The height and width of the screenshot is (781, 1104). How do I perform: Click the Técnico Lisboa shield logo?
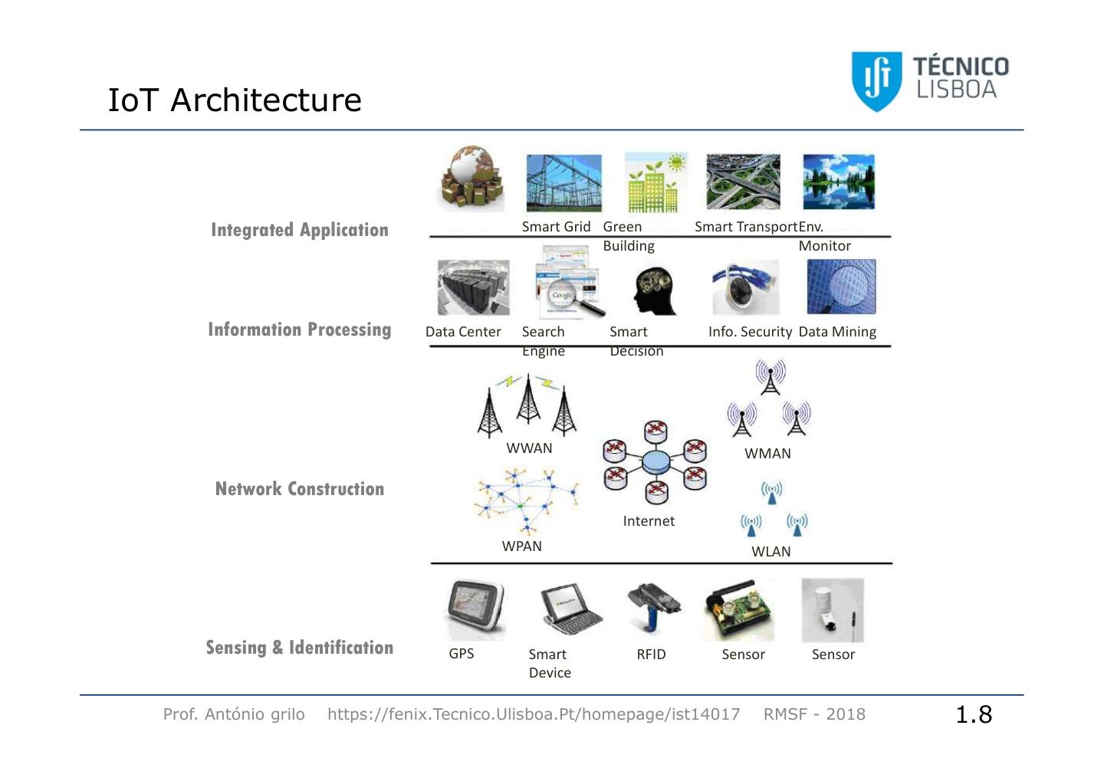[876, 81]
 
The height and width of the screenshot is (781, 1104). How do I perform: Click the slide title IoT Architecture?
[235, 100]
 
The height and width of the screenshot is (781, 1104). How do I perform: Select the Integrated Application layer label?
[300, 230]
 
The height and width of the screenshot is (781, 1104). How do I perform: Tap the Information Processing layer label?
[300, 330]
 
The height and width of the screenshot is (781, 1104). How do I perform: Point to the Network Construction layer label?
[300, 489]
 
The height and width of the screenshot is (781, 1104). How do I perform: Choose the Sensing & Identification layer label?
[300, 648]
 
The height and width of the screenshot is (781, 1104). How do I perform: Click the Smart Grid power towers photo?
[563, 183]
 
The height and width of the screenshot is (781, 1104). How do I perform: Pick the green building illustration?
[653, 182]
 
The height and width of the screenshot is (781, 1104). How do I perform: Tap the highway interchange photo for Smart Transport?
[743, 182]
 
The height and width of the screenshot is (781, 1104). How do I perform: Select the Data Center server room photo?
[473, 287]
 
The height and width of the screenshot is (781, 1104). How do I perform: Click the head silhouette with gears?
[655, 290]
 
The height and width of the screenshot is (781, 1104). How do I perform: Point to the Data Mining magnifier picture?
[841, 287]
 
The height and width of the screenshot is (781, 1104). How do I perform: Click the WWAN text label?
[529, 448]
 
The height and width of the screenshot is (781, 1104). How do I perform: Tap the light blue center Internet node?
[655, 462]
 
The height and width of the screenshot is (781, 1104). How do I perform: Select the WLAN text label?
[770, 552]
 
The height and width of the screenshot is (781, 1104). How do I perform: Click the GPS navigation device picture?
[475, 609]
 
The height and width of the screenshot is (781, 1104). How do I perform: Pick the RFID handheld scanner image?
[652, 609]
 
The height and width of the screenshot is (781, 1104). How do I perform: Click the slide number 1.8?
[974, 714]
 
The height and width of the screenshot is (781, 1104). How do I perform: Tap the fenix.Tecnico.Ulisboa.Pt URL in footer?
[534, 714]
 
